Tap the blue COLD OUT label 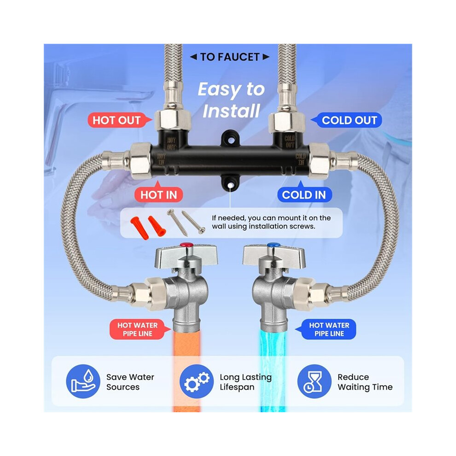point(348,120)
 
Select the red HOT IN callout point(158,193)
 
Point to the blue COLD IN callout point(304,193)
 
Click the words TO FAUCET point(230,57)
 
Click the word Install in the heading point(231,111)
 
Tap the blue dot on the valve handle point(274,245)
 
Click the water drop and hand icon point(83,381)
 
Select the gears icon point(197,381)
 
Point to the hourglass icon point(315,381)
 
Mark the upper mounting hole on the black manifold point(231,140)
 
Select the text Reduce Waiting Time point(365,382)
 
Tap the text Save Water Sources point(130,382)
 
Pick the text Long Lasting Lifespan point(246,382)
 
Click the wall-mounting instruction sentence point(271,222)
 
